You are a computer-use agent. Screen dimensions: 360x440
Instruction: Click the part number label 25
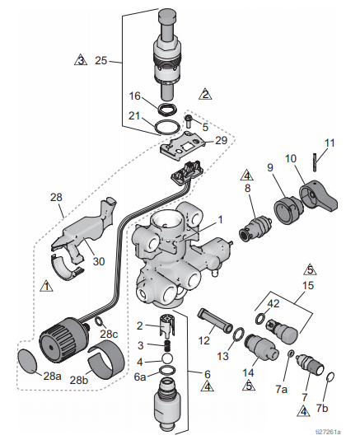pyautogui.click(x=101, y=60)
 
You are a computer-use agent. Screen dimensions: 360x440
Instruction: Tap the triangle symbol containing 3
pyautogui.click(x=81, y=60)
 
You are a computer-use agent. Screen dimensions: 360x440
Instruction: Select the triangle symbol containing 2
pyautogui.click(x=205, y=94)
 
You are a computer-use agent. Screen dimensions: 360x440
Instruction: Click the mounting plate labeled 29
pyautogui.click(x=183, y=146)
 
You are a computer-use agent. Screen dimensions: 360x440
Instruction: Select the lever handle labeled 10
pyautogui.click(x=319, y=196)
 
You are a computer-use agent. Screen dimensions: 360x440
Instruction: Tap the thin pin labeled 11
pyautogui.click(x=316, y=162)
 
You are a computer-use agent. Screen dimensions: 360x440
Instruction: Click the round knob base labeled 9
pyautogui.click(x=288, y=209)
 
